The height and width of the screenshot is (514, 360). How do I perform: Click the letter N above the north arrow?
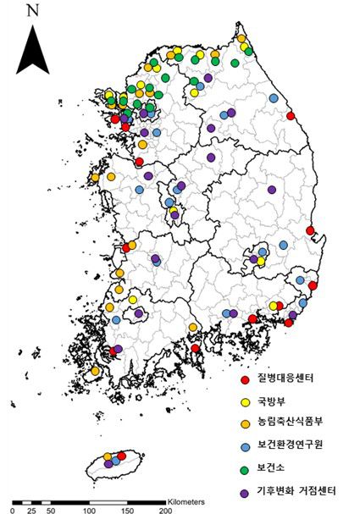(x=33, y=11)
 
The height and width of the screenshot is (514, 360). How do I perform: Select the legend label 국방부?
(x=274, y=401)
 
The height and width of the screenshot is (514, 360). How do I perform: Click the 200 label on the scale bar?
(x=166, y=511)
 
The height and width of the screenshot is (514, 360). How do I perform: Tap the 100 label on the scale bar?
(x=88, y=511)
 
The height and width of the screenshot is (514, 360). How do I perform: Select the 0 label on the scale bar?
(x=12, y=511)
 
